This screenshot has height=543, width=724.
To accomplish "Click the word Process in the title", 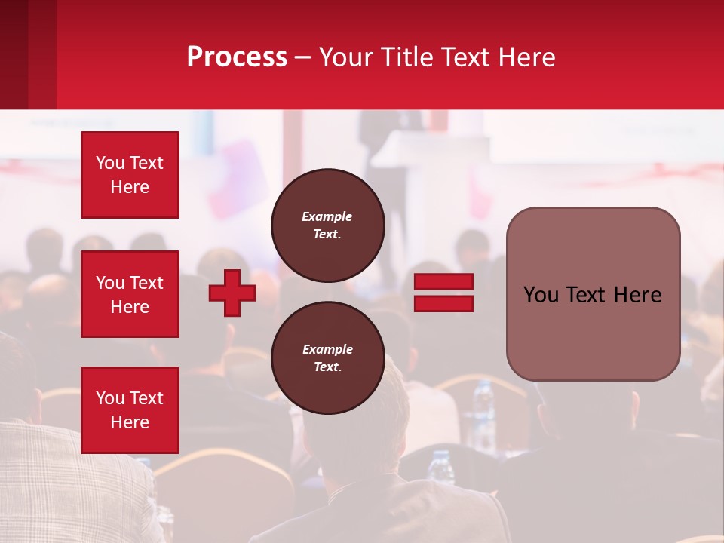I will tap(237, 57).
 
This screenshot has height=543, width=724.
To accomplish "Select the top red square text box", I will tap(130, 175).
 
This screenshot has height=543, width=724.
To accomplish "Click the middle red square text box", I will tap(130, 294).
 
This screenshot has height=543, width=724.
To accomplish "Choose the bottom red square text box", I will tap(130, 410).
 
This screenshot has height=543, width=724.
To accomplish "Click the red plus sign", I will tap(232, 293).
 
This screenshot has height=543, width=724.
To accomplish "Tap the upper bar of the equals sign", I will tap(444, 282).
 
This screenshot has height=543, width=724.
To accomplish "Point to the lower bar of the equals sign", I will tap(444, 303).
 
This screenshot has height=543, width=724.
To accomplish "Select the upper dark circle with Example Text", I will tap(327, 225).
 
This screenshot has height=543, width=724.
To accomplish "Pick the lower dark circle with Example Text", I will tap(327, 358).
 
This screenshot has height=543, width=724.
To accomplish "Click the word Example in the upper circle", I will tap(327, 216).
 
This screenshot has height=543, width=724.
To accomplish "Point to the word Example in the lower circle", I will tap(327, 349).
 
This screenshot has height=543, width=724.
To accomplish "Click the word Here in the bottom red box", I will tap(130, 422).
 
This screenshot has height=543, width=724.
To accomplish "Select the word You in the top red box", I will tap(109, 163).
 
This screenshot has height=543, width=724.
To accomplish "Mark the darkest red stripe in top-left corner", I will tap(14, 54).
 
